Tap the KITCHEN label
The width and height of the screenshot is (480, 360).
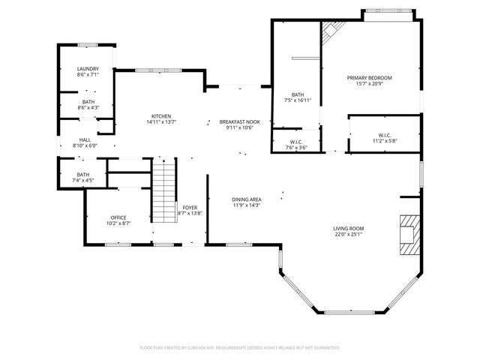[161, 115]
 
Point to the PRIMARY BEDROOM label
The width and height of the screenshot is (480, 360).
[369, 77]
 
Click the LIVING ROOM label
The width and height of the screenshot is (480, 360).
[349, 228]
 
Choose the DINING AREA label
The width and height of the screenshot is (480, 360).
[246, 199]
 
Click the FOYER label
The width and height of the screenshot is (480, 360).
[190, 208]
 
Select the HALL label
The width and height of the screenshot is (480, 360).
[85, 140]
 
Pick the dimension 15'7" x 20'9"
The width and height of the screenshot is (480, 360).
[369, 83]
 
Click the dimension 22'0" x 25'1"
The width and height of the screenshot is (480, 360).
[349, 234]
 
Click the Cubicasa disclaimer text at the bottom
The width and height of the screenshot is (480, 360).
[240, 347]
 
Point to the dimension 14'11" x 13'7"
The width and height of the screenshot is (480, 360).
[161, 121]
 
